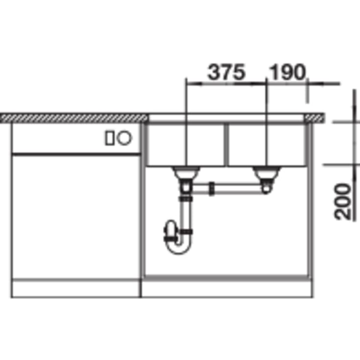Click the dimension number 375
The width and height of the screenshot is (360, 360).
[226, 72]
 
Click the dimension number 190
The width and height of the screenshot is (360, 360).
[287, 72]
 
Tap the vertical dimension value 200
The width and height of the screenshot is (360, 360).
[342, 202]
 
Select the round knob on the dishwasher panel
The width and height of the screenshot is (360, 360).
[124, 138]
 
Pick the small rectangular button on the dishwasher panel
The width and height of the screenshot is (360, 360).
[110, 138]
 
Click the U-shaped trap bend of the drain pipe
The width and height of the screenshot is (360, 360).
[179, 247]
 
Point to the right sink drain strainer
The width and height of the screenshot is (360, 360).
[266, 172]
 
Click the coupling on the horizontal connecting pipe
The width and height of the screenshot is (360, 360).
[212, 189]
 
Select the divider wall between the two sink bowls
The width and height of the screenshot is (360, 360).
[226, 144]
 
